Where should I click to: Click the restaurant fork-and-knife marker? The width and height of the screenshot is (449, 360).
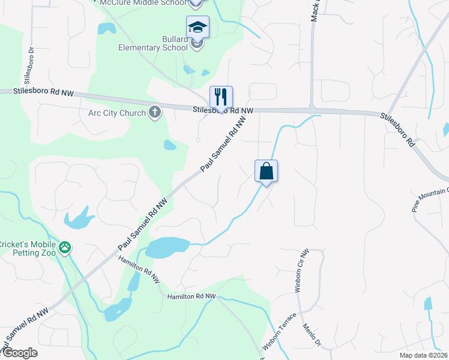click(221, 97)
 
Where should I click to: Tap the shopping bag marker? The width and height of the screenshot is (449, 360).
click(266, 171)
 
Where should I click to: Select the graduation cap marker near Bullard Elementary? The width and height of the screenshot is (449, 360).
click(197, 27)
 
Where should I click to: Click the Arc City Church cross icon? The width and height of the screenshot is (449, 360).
click(155, 112)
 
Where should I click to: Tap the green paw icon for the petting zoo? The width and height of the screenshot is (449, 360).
click(65, 247)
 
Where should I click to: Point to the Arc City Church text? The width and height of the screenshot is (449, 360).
click(116, 113)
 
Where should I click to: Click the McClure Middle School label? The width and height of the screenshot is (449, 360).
click(143, 2)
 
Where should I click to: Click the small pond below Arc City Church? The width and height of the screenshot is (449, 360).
click(170, 145)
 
